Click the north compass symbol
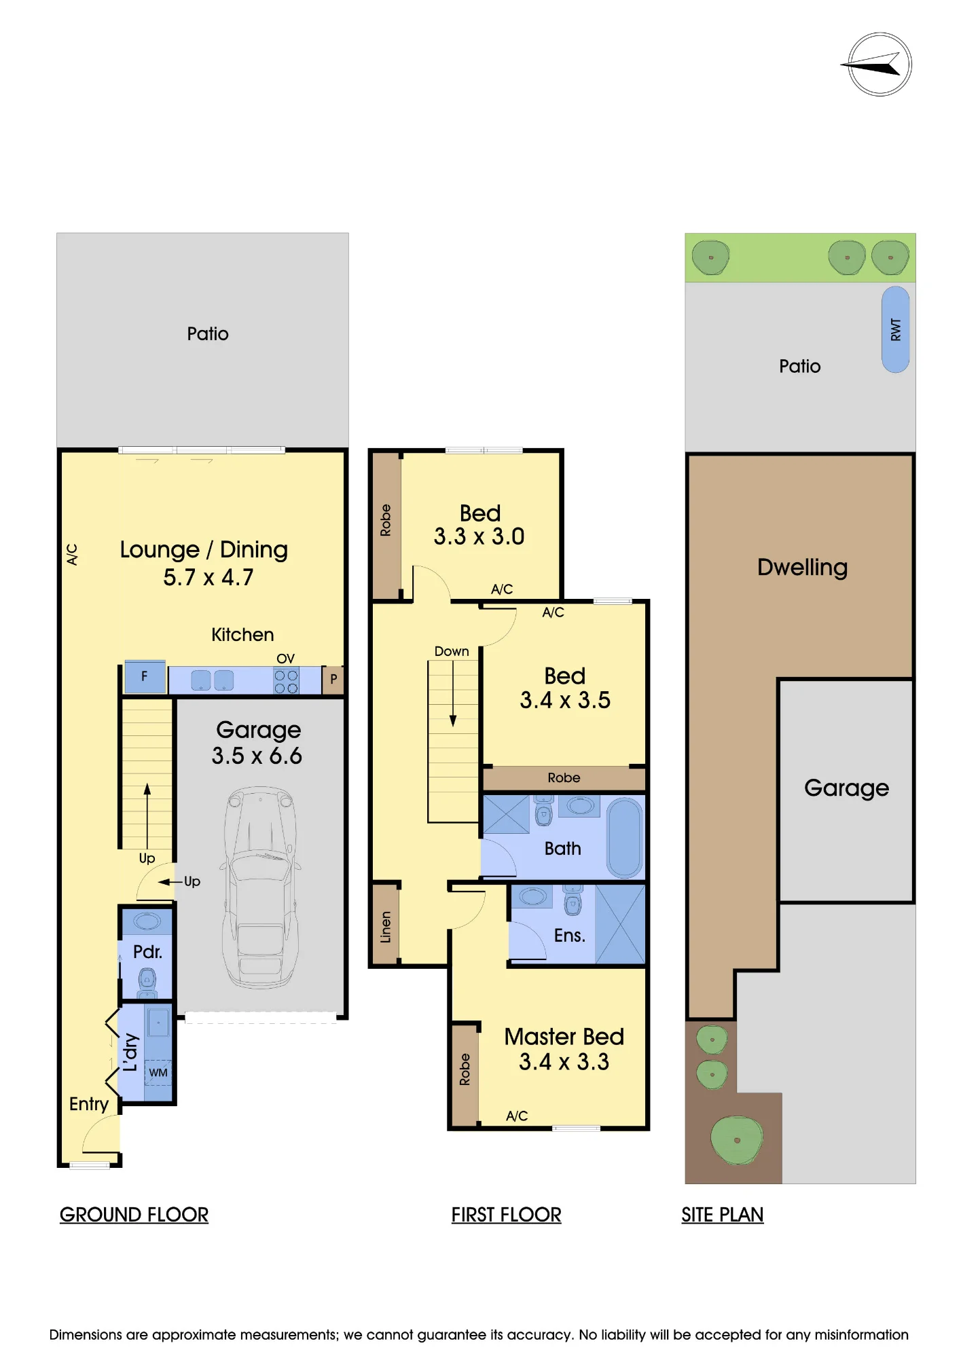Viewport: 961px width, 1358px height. click(x=880, y=65)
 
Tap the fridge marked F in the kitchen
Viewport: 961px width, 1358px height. click(x=145, y=676)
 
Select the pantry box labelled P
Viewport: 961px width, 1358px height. click(x=333, y=679)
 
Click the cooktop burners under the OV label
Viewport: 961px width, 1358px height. click(x=286, y=681)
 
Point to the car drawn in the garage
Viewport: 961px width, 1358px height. click(x=260, y=887)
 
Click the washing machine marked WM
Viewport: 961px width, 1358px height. click(x=158, y=1072)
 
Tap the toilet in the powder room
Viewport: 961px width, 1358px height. click(x=147, y=980)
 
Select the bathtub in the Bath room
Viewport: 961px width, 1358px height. click(x=624, y=838)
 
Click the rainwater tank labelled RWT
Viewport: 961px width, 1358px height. click(x=895, y=329)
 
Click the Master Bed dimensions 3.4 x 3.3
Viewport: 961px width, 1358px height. click(x=564, y=1061)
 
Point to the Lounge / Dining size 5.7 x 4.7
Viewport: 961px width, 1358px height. click(x=208, y=577)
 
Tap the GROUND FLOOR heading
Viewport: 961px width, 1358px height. click(x=134, y=1215)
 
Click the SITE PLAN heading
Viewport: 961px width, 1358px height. click(x=723, y=1215)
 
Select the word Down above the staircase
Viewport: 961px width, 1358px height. click(x=452, y=651)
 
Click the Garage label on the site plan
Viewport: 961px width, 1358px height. click(x=846, y=788)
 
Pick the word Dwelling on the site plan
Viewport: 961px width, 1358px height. click(x=802, y=567)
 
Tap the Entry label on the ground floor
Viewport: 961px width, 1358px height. click(x=88, y=1105)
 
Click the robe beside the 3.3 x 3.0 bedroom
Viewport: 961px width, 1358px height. click(x=386, y=526)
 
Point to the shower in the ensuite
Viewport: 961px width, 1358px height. click(x=620, y=924)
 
